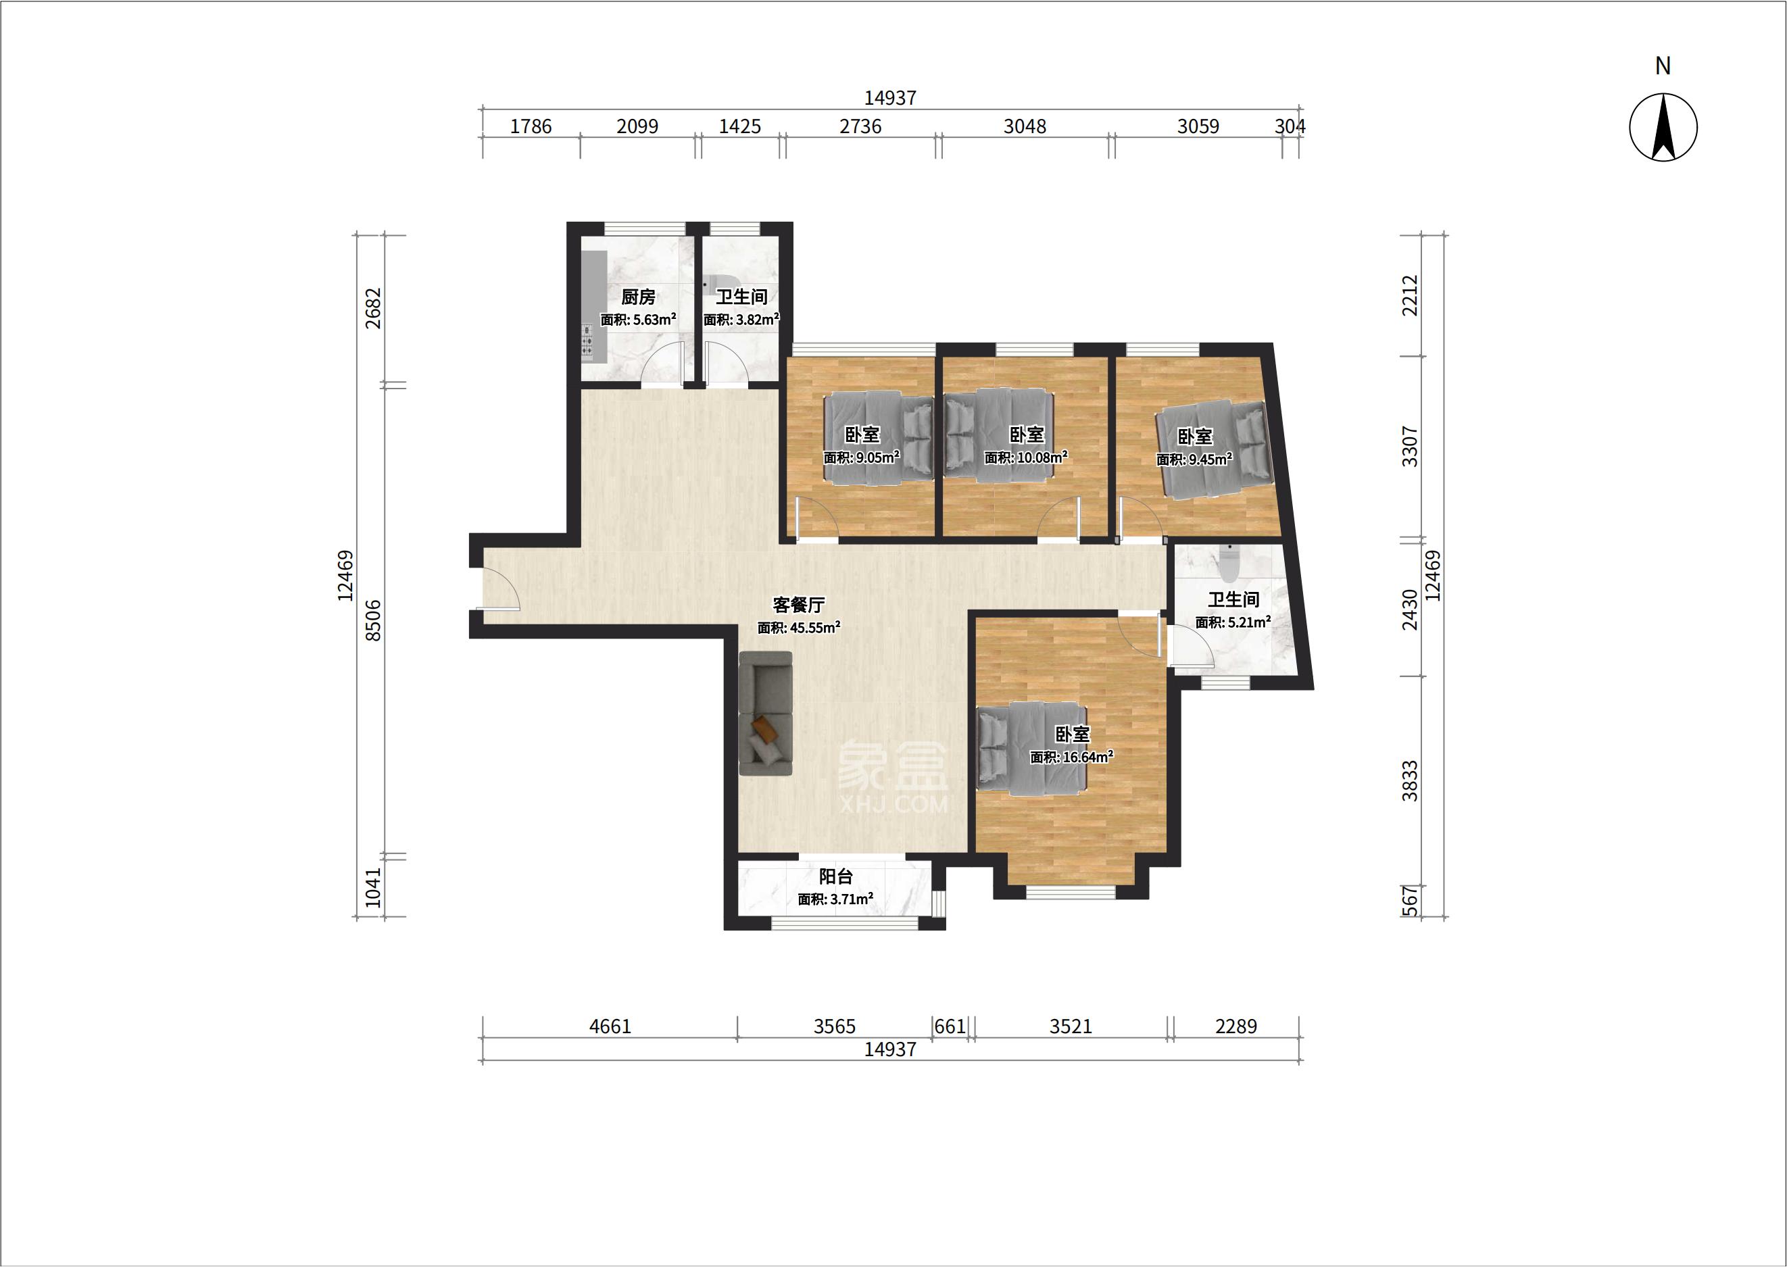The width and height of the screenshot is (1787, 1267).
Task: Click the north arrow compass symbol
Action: pos(1663,127)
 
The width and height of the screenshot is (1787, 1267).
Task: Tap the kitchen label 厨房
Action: pos(637,297)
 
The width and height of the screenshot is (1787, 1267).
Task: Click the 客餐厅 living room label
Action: pos(798,605)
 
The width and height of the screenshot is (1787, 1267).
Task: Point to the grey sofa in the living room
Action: pos(766,714)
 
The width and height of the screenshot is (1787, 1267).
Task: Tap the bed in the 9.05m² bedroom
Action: pos(879,439)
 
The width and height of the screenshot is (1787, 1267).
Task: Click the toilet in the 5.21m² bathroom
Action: pos(1228,564)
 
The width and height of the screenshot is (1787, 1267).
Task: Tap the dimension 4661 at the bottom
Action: pos(610,1026)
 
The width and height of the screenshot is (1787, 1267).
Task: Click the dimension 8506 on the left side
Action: pos(374,620)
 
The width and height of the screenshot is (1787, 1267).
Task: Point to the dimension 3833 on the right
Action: pos(1409,780)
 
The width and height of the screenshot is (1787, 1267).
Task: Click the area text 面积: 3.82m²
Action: pos(741,320)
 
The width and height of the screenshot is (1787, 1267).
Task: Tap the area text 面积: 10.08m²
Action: pos(1025,458)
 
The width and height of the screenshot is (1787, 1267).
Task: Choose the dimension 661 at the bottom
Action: pos(950,1026)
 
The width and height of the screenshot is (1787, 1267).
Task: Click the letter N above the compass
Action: pos(1663,66)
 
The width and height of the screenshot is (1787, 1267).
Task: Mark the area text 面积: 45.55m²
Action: pos(798,628)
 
